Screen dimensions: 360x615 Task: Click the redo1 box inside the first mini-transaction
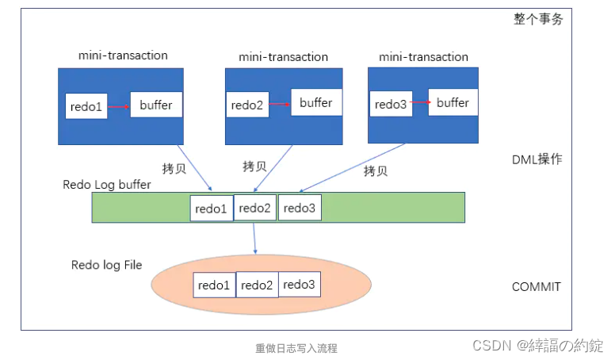click(86, 107)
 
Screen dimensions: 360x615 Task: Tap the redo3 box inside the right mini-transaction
click(391, 105)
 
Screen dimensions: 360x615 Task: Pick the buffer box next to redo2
click(316, 103)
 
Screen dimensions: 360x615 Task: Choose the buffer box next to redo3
click(453, 103)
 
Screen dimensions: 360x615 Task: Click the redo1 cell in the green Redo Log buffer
click(212, 208)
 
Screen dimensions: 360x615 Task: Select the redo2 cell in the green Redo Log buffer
click(255, 208)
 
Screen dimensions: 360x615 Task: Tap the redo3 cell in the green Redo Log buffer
click(300, 208)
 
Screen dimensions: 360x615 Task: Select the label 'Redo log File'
click(106, 265)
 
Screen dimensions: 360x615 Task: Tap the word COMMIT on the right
click(537, 287)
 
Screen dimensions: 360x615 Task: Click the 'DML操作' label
click(537, 159)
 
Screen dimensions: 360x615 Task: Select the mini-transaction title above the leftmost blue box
click(123, 56)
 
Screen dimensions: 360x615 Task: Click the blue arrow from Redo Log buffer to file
click(254, 238)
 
